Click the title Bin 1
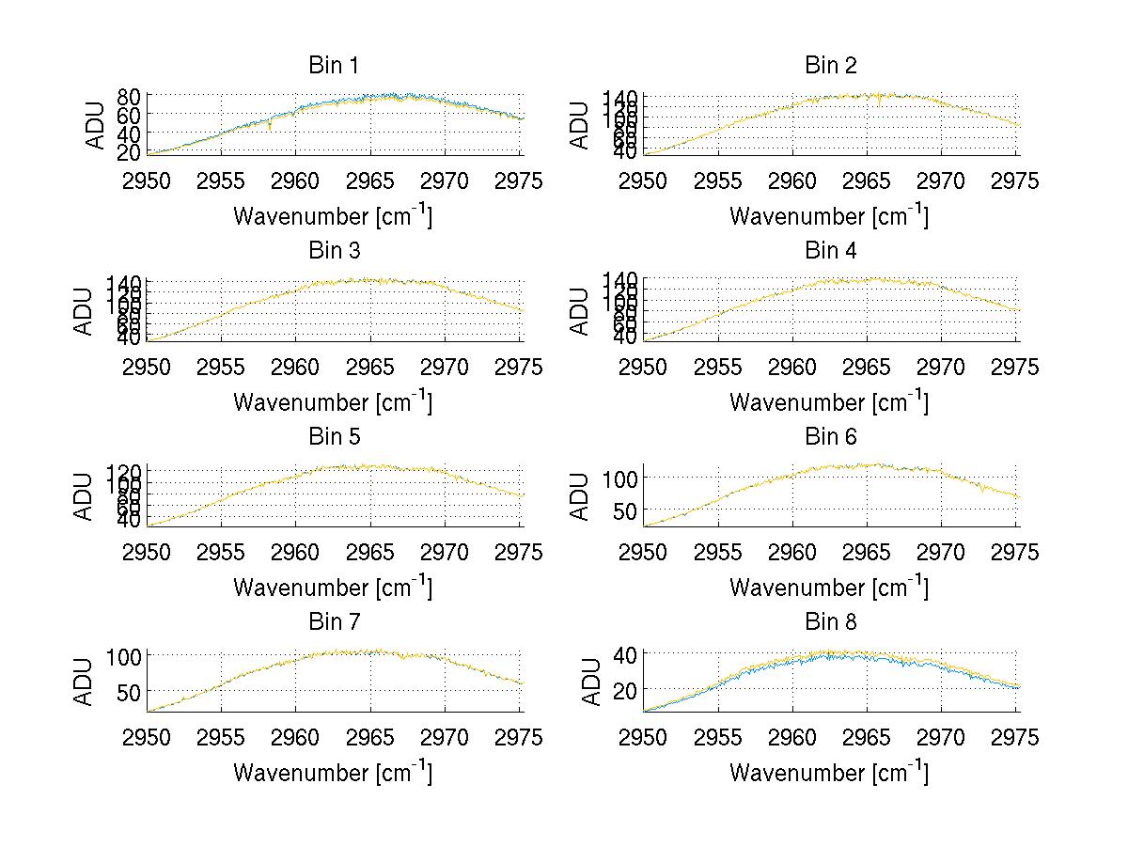[x=334, y=66]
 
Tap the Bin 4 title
[x=831, y=251]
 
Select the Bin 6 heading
[x=831, y=437]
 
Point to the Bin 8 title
[x=831, y=622]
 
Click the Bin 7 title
[x=334, y=622]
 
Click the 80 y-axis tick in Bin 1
[x=130, y=96]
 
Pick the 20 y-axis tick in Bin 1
[x=130, y=150]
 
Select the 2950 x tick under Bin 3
[x=148, y=367]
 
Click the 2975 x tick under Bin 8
[x=1016, y=738]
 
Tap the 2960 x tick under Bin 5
[x=296, y=553]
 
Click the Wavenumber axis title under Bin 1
[x=333, y=216]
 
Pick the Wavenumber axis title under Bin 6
[x=829, y=588]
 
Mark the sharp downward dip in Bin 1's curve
[x=271, y=128]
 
